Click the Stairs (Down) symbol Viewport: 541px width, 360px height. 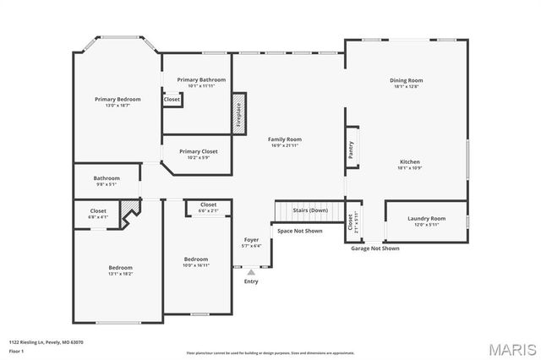(x=310, y=210)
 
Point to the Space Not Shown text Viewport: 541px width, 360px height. (x=300, y=231)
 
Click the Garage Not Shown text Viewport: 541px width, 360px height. (x=375, y=248)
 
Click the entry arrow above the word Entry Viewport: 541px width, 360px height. (x=251, y=272)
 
